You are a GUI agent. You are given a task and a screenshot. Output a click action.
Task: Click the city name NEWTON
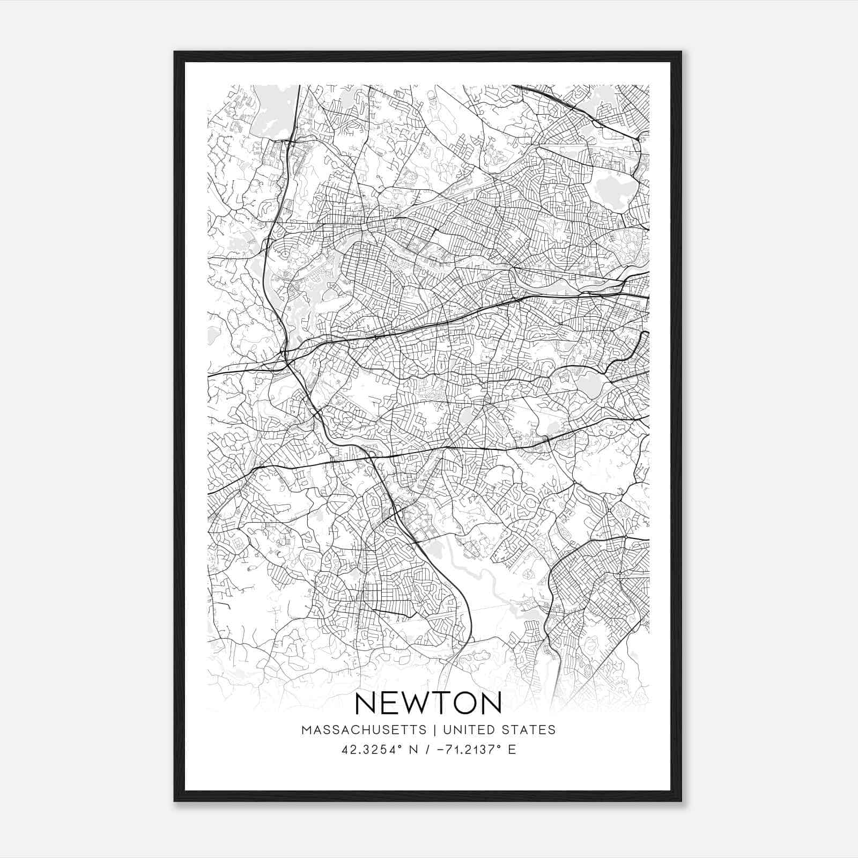point(428,703)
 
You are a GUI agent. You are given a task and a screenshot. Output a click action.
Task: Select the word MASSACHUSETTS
point(364,730)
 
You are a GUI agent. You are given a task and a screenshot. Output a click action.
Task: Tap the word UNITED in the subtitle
point(463,730)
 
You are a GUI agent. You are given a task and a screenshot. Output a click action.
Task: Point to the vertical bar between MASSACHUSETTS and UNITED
point(433,730)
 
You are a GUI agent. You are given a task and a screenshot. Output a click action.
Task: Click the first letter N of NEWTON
point(365,703)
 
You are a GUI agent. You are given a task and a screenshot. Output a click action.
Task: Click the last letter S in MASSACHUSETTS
point(424,730)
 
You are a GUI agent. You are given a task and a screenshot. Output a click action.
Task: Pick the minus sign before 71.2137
point(441,750)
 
